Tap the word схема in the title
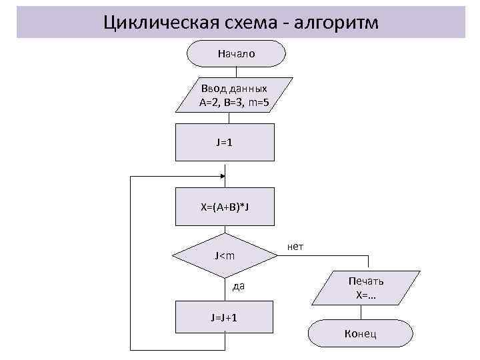coord(249,23)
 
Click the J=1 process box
coord(224,142)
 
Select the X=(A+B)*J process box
coord(224,207)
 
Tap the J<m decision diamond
coord(224,255)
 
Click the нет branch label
coord(295,247)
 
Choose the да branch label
coord(239,287)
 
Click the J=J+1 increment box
coord(224,317)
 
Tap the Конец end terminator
coord(360,333)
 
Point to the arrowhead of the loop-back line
coord(223,177)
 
